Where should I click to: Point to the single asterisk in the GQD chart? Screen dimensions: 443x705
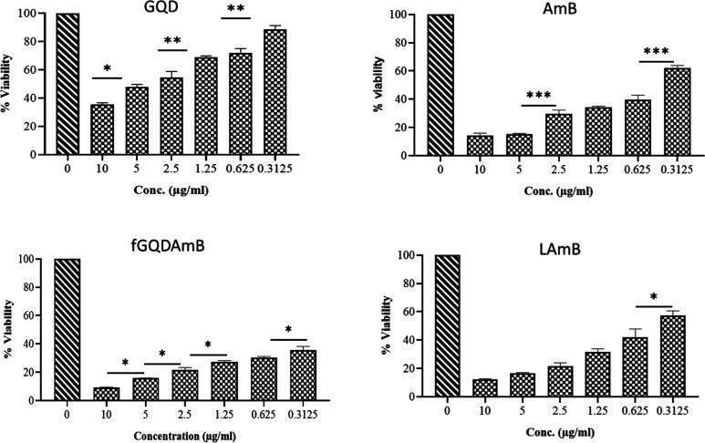[107, 69]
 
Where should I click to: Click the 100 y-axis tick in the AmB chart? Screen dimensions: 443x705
[392, 15]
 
